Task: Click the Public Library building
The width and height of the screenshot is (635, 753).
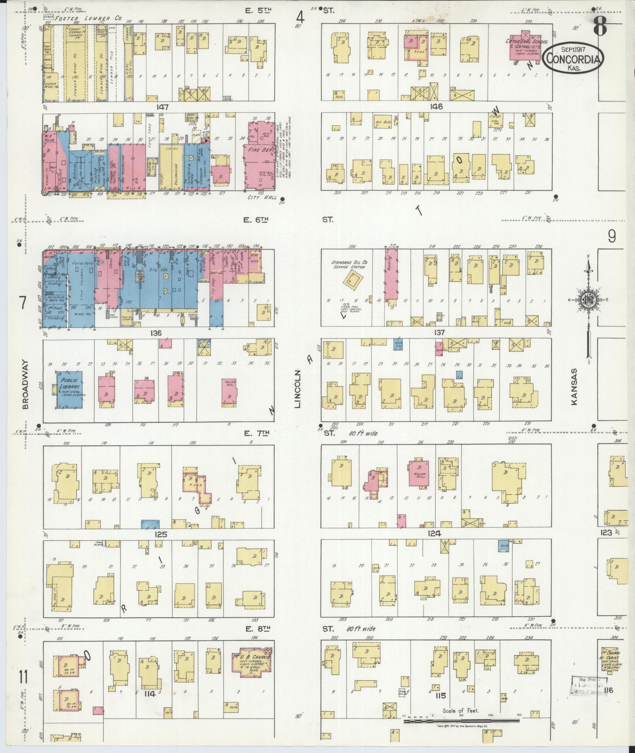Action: coord(70,388)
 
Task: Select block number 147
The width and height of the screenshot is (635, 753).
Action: coord(162,107)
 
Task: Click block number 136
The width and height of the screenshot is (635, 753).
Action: coord(156,333)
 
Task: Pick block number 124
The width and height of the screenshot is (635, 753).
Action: coord(435,534)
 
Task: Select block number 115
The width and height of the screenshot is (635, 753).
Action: coord(440,696)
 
